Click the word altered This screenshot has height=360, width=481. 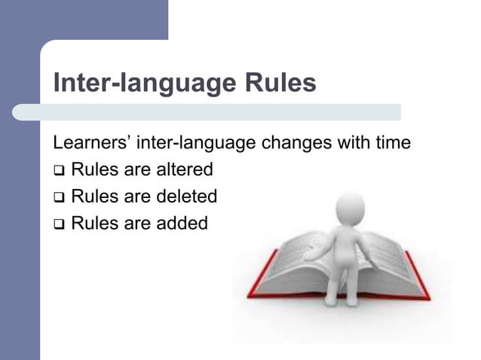(x=185, y=169)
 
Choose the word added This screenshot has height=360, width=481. (x=182, y=224)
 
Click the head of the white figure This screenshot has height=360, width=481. (x=349, y=206)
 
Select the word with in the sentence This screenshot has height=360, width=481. (x=352, y=142)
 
